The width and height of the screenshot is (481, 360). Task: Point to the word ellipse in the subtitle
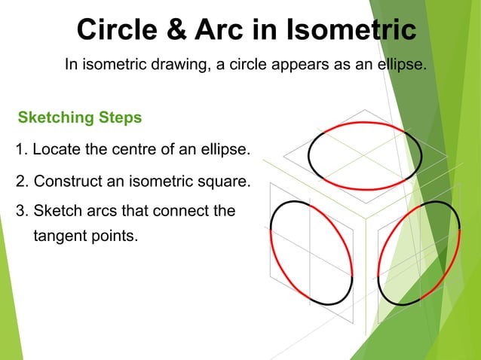[x=400, y=65]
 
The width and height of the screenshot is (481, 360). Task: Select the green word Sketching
[x=56, y=118]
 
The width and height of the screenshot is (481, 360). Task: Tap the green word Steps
[x=121, y=118]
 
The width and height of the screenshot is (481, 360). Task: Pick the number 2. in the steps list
[x=21, y=182]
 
